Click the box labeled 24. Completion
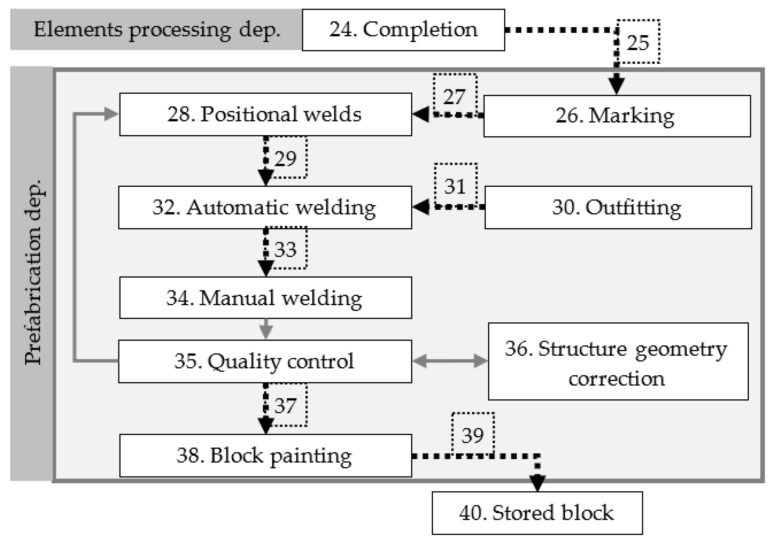(403, 30)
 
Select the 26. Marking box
(617, 116)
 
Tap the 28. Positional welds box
(265, 114)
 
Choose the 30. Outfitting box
(618, 207)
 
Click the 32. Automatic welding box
(265, 207)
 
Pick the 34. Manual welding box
(265, 297)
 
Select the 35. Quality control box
(265, 361)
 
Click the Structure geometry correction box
(618, 361)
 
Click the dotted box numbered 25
(638, 42)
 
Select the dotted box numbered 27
(455, 95)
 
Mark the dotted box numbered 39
(473, 434)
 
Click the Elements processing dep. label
(157, 30)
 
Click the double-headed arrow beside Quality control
(450, 361)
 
